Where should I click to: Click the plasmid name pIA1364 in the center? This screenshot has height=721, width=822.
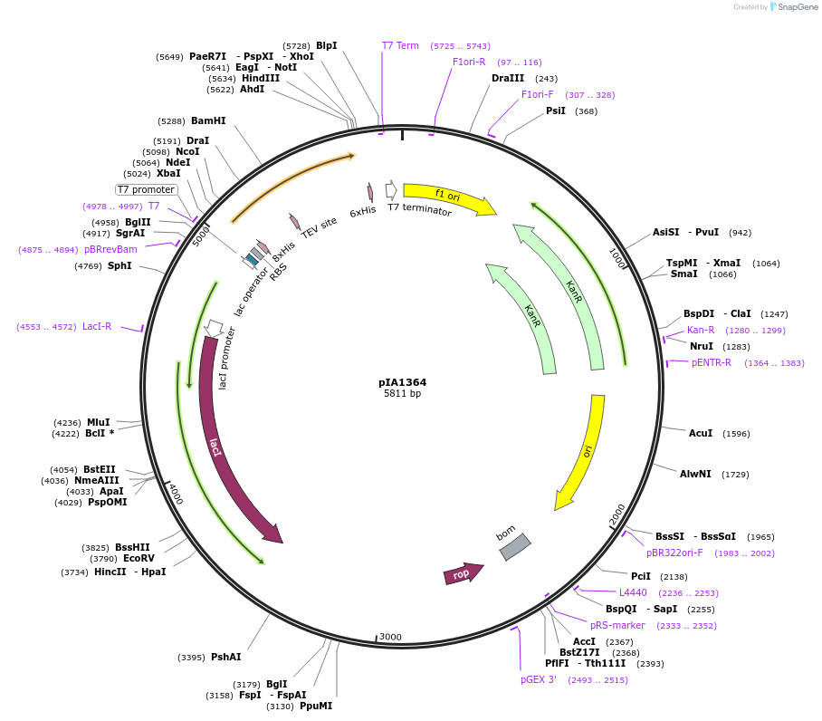point(402,382)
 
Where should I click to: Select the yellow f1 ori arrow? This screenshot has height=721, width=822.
point(448,197)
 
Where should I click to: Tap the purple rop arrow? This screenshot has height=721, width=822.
point(462,574)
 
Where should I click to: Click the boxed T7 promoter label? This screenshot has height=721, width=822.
point(146,189)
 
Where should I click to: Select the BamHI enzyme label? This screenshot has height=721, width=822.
point(208,120)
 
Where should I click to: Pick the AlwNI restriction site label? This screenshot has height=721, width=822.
point(695,474)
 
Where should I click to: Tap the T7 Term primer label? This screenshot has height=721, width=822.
point(400,44)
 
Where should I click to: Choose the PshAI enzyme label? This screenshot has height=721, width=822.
point(225,657)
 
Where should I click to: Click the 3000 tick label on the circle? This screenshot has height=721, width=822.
point(390,637)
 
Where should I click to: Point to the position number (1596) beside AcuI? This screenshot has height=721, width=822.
point(735,434)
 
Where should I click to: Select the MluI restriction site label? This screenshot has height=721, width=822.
point(98,422)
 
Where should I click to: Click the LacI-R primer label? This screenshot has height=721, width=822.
point(97,326)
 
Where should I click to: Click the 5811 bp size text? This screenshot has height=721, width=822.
point(402,394)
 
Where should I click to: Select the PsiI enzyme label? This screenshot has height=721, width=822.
point(555,111)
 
